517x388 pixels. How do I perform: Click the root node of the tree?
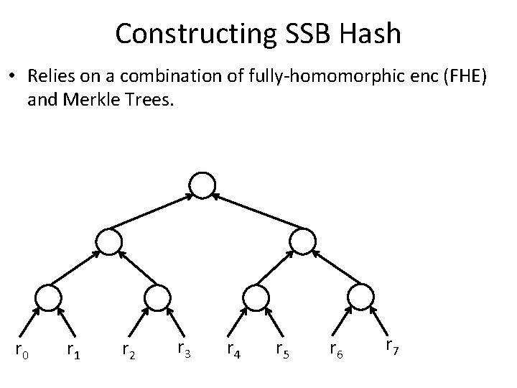coord(203,185)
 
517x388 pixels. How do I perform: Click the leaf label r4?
coord(233,350)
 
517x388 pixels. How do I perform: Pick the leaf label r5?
coord(284,350)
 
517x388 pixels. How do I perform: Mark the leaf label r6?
coord(335,350)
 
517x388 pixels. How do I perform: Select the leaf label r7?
coord(392,346)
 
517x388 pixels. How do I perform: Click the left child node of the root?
coord(108,241)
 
